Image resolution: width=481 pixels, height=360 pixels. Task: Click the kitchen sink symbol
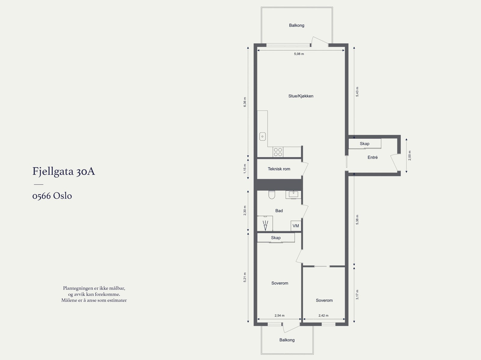tap(262, 136)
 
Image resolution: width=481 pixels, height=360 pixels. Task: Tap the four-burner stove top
tap(278, 152)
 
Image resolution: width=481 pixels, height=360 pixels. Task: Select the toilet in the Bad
tap(272, 195)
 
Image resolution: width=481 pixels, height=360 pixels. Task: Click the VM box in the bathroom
tap(296, 226)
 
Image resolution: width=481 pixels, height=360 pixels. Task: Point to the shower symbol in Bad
tap(265, 225)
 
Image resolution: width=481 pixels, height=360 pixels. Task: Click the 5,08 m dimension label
tap(299, 54)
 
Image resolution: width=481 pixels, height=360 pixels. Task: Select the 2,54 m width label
tap(279, 316)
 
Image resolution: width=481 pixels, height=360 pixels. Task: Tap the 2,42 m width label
tap(323, 316)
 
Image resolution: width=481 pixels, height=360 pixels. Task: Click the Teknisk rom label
tap(279, 169)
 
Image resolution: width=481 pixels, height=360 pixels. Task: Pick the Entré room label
tap(372, 157)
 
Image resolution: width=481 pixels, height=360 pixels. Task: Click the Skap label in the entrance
tap(364, 144)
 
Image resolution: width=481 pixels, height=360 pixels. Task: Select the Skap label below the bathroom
tap(276, 238)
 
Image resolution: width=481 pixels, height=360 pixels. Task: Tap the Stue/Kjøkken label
tap(301, 96)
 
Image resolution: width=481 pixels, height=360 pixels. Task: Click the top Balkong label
tap(296, 26)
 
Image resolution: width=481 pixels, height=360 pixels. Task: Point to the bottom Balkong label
tap(287, 340)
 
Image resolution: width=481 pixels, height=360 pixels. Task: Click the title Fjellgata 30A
tap(64, 172)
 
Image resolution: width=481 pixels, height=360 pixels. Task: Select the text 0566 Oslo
tap(52, 196)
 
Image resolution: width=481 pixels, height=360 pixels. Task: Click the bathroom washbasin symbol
tap(293, 194)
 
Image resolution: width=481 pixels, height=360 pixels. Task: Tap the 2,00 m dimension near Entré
tap(409, 155)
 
